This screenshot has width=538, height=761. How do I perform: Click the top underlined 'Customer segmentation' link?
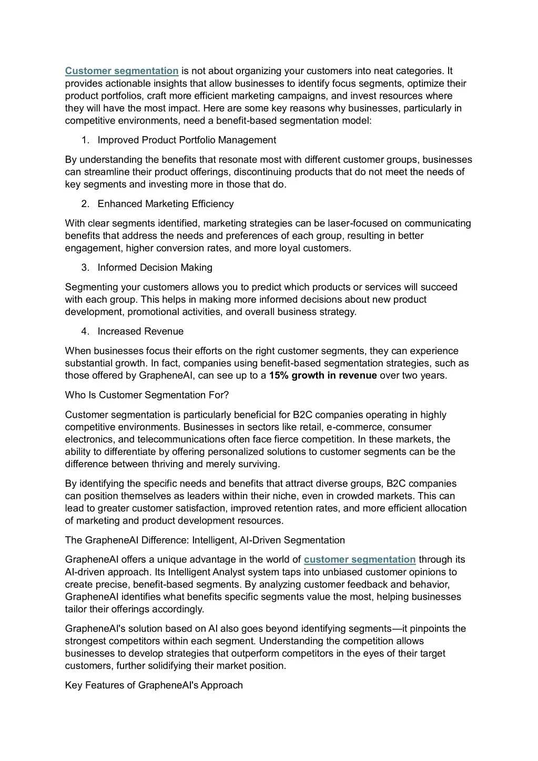122,71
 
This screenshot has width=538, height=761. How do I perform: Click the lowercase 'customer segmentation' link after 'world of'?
360,560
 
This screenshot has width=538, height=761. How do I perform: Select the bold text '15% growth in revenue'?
323,376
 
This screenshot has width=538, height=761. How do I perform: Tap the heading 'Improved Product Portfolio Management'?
187,140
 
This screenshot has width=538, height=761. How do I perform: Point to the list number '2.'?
85,204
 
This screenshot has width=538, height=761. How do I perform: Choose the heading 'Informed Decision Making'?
155,268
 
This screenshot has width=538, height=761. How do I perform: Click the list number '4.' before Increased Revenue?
85,332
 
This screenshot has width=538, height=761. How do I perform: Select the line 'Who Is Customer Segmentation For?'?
147,395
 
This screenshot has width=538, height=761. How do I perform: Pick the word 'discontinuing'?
261,172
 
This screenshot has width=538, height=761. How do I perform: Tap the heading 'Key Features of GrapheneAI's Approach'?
154,685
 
